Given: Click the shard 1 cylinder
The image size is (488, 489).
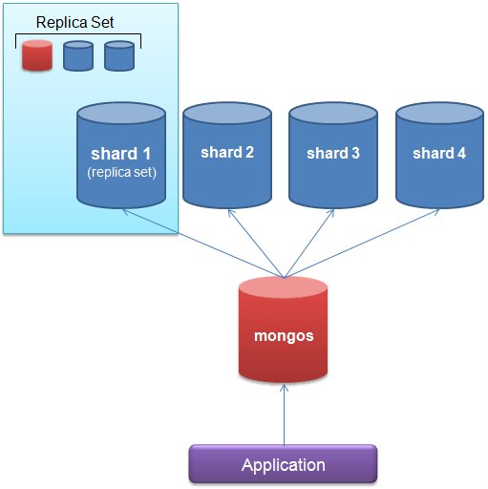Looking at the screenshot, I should click(120, 158).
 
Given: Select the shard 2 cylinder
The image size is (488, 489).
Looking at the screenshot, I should click(227, 158).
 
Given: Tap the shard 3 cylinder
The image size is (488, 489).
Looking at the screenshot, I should click(333, 158).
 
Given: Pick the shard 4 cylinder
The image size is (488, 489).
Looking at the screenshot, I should click(439, 158).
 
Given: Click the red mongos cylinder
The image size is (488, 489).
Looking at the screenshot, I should click(283, 334).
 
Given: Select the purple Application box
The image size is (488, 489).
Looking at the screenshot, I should click(283, 465).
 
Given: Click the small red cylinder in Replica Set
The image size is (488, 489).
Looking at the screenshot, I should click(36, 56).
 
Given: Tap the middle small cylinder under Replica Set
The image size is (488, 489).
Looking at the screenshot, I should click(77, 56).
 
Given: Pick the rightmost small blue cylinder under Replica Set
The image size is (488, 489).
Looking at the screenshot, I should click(119, 56).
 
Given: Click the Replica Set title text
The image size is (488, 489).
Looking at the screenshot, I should click(74, 21).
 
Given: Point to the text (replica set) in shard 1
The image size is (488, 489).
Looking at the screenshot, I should click(120, 173).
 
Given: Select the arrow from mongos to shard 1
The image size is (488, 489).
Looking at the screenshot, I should click(201, 243).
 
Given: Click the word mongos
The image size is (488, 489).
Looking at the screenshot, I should click(283, 336).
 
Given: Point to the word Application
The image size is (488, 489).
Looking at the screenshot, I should click(283, 465).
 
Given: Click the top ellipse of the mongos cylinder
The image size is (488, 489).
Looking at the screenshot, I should click(283, 290).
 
